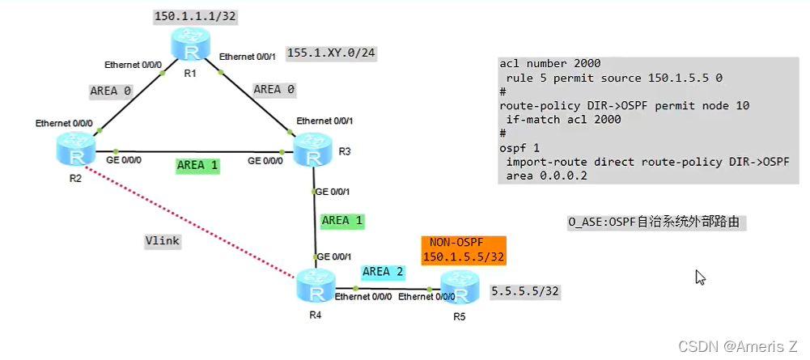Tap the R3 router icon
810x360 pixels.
click(x=312, y=150)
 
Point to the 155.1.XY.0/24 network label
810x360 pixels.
click(x=332, y=53)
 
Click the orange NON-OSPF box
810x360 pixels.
click(x=464, y=250)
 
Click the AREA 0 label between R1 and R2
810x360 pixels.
click(x=110, y=91)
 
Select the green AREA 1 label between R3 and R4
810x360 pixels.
click(x=343, y=220)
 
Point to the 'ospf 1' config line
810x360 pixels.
click(x=521, y=148)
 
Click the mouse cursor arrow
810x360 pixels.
click(x=700, y=277)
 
